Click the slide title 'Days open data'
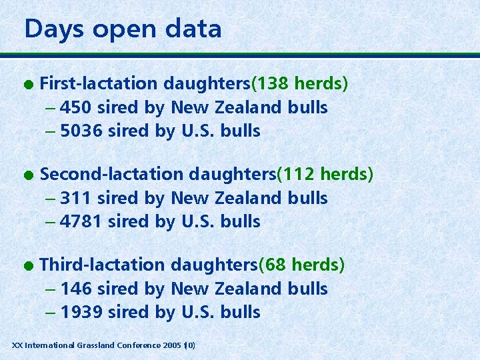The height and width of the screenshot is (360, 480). pyautogui.click(x=123, y=29)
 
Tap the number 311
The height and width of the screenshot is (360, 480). pyautogui.click(x=77, y=198)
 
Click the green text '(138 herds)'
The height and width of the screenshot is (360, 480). pyautogui.click(x=299, y=84)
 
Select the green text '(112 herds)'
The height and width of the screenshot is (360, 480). pyautogui.click(x=325, y=175)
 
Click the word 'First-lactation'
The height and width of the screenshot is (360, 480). pyautogui.click(x=99, y=84)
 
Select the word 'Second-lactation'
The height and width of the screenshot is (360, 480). pyautogui.click(x=112, y=175)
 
